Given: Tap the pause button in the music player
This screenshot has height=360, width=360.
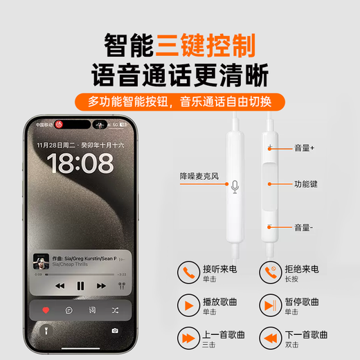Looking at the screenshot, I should [81, 285].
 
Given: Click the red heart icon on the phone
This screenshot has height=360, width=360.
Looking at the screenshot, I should [46, 310].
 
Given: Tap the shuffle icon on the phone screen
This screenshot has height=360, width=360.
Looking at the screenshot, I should [114, 310].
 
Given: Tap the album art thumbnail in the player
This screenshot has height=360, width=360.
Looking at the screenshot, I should [41, 262].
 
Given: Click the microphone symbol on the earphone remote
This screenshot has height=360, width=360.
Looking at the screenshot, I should [235, 186].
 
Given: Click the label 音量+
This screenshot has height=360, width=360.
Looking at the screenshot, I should [303, 147].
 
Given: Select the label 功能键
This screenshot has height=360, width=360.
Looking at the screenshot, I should [305, 184].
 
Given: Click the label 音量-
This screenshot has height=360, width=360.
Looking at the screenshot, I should [303, 226].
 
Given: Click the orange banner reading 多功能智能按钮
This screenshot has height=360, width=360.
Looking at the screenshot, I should [180, 102].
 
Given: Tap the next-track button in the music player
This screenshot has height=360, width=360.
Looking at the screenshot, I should [101, 285].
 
